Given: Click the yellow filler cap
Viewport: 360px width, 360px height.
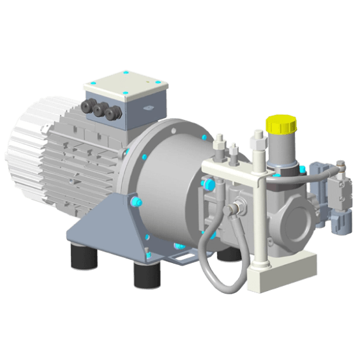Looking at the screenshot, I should [x=281, y=125].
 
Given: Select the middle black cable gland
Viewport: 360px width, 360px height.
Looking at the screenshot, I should [x=100, y=110].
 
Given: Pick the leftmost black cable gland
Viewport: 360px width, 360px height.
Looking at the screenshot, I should [x=88, y=107].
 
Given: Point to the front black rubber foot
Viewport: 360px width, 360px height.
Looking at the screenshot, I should [x=146, y=274].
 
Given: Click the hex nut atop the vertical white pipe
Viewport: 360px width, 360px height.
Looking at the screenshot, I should [x=258, y=135].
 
